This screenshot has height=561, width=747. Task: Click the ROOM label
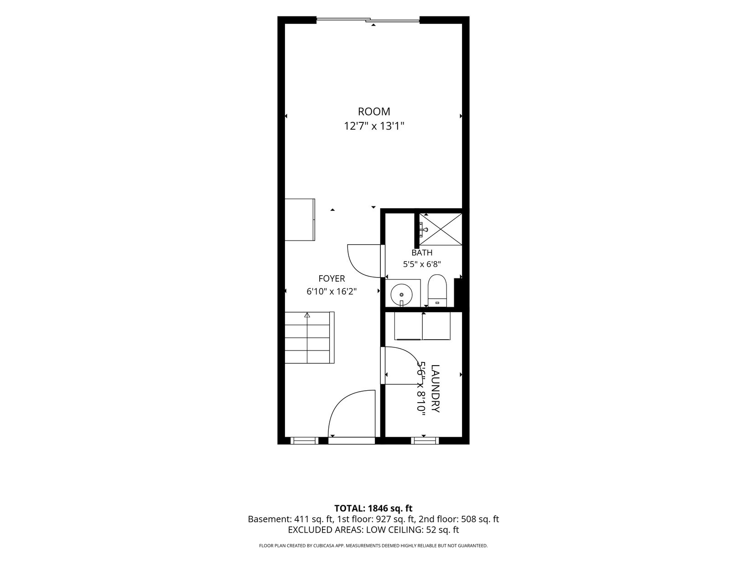373,111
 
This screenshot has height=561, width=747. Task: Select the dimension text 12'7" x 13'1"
373,126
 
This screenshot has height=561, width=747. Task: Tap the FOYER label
332,278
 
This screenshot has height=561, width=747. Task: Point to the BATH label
422,252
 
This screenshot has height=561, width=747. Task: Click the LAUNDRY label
435,388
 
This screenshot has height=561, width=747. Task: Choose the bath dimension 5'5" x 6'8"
422,264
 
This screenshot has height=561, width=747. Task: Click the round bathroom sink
402,294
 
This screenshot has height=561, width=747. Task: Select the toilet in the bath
437,290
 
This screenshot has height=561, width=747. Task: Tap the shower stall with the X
441,229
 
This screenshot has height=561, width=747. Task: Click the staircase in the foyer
309,337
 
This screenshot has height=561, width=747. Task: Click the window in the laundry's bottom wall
425,441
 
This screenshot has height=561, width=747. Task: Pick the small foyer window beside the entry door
304,441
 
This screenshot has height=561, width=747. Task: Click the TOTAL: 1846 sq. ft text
373,508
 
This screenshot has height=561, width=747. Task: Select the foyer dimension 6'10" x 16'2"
332,292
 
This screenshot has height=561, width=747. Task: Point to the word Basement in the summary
269,519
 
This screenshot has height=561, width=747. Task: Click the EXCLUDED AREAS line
373,530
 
